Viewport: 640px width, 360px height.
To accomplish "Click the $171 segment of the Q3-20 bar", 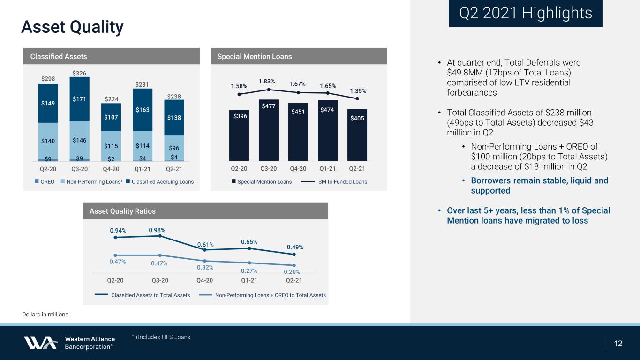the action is coord(79,99).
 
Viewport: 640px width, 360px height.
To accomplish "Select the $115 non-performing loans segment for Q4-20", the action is coord(111,146).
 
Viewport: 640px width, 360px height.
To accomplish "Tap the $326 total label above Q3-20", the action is coord(79,74).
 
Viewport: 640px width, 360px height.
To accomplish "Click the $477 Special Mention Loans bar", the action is coord(269,130).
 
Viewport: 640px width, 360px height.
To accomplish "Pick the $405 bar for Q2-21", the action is coord(357,135).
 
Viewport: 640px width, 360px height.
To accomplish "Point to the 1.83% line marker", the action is coord(269,90).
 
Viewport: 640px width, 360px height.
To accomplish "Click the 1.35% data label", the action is coord(358,91).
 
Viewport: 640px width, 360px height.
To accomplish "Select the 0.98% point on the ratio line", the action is coord(160,236).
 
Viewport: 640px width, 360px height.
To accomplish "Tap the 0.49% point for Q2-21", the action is coord(294,254).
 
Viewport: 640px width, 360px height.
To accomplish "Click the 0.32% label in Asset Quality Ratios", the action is coord(205,268).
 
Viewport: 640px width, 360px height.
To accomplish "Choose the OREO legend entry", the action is coord(44,182).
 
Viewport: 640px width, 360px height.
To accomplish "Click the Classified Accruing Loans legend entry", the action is coord(160,182).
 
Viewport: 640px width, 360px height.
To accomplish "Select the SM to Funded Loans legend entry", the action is coord(334,182).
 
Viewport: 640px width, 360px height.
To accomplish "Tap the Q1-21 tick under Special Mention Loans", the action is coord(327,169).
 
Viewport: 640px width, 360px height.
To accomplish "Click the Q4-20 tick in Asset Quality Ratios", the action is coord(204,281).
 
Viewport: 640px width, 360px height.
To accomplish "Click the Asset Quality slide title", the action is coord(72,27).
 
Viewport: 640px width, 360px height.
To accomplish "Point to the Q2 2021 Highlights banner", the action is coord(526,14).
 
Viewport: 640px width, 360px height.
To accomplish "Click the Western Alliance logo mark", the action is coord(41,343).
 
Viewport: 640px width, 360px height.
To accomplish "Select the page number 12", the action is coord(618,344).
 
